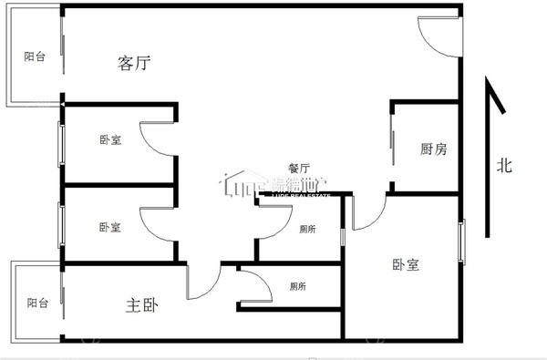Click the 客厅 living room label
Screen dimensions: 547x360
134,63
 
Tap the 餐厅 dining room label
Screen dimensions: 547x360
299,168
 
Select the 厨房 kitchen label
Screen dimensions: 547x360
433,149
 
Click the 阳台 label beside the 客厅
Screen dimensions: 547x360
35,57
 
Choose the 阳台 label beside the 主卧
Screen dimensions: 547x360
36,303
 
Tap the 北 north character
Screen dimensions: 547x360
504,166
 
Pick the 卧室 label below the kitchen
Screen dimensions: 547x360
406,264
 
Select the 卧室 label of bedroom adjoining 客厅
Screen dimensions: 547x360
110,140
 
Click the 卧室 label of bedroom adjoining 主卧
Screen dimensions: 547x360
110,227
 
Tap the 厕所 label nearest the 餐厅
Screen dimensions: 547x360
308,229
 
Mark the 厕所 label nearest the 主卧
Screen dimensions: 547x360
297,286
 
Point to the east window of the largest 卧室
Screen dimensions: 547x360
461,244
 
